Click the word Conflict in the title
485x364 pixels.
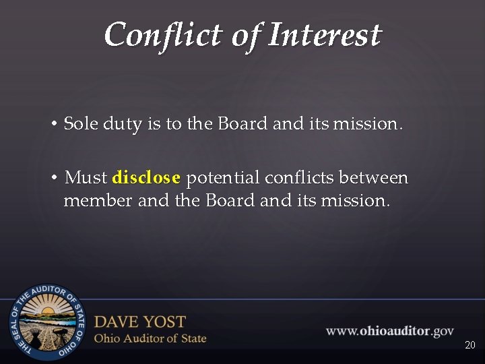(163, 34)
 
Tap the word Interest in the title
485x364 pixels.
(325, 34)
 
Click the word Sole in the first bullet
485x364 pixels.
(81, 124)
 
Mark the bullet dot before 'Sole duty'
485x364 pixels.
(53, 125)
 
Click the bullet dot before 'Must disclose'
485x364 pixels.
(53, 178)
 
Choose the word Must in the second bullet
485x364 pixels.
(86, 178)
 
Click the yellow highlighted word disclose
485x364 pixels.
(146, 178)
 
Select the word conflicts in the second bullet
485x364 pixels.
(300, 178)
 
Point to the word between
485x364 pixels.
(374, 178)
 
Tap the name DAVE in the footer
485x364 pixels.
(118, 322)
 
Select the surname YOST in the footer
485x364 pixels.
(164, 322)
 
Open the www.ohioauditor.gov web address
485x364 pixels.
(390, 331)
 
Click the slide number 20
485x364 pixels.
(470, 345)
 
